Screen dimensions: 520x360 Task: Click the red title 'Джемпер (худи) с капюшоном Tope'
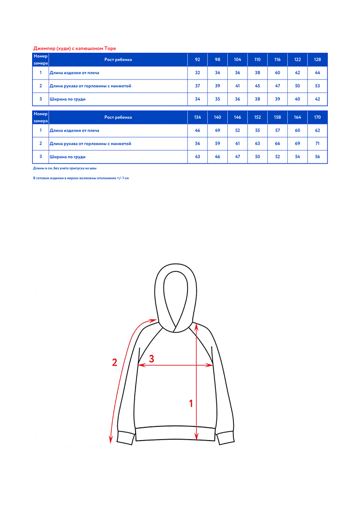tap(75, 48)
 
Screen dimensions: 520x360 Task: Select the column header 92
tap(197, 60)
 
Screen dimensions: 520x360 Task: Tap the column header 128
tap(317, 60)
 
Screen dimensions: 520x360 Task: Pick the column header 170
tap(317, 117)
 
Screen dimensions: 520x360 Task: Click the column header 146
tap(237, 117)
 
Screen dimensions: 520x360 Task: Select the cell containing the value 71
tap(317, 143)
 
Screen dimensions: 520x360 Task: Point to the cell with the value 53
tap(317, 86)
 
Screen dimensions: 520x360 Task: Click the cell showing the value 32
tap(197, 73)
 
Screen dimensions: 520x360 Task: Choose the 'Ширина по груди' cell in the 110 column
tap(257, 99)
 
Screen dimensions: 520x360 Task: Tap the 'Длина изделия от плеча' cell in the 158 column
tap(277, 130)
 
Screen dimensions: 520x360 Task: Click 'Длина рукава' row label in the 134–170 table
tap(90, 143)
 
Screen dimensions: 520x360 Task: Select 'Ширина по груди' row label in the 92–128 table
tap(68, 99)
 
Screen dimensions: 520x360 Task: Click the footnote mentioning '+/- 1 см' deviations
tap(81, 178)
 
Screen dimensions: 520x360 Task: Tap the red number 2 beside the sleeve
tap(114, 363)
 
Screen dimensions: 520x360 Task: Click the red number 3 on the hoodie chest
tap(151, 359)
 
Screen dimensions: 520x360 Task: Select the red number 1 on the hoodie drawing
tap(191, 403)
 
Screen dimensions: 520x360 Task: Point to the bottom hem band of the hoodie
tap(176, 434)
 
